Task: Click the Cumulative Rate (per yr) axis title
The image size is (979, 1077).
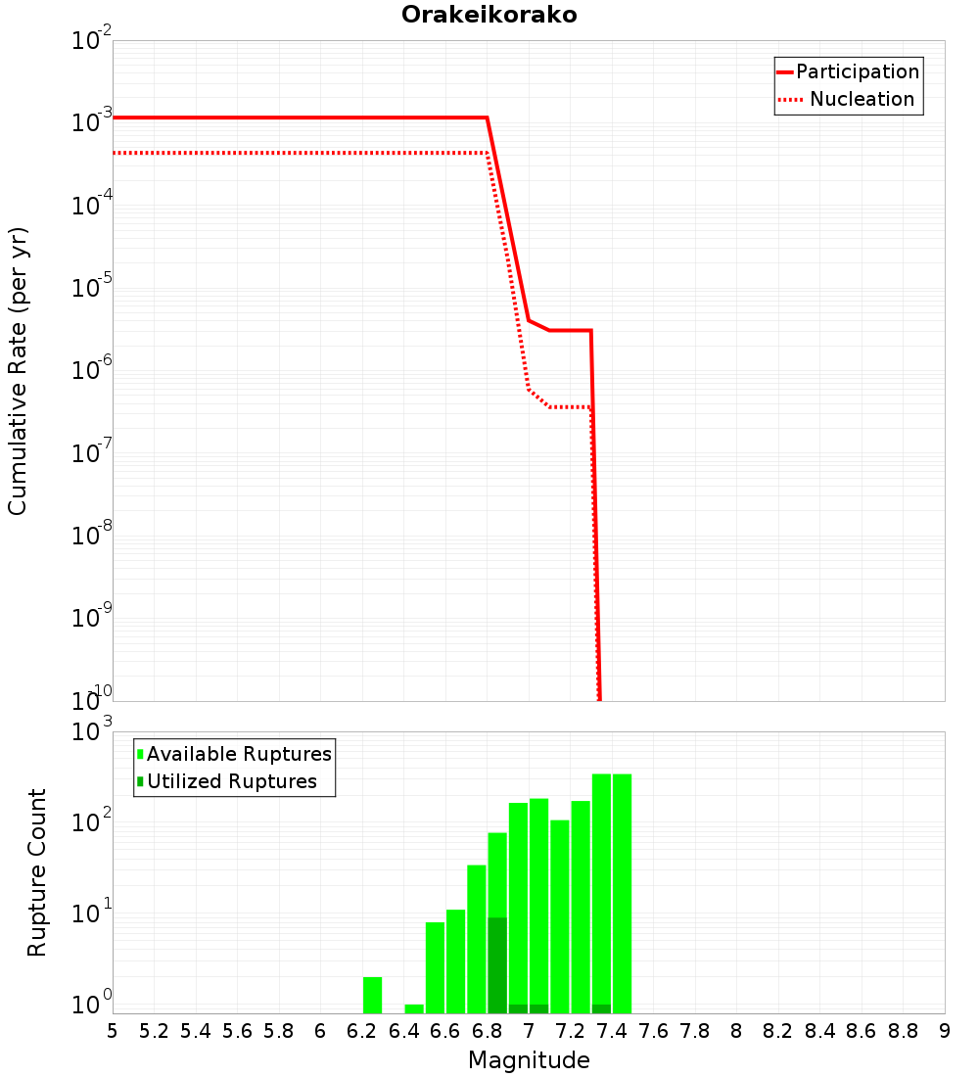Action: [x=18, y=371]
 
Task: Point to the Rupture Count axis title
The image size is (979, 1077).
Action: [x=37, y=872]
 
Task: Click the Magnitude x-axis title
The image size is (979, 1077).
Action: [x=529, y=1060]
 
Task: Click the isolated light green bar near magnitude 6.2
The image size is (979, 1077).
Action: [x=372, y=995]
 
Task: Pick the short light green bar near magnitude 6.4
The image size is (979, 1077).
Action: [x=414, y=1008]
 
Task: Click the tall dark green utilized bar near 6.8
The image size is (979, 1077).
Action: [x=497, y=964]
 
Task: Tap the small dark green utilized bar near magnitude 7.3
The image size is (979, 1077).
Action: [x=601, y=1008]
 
